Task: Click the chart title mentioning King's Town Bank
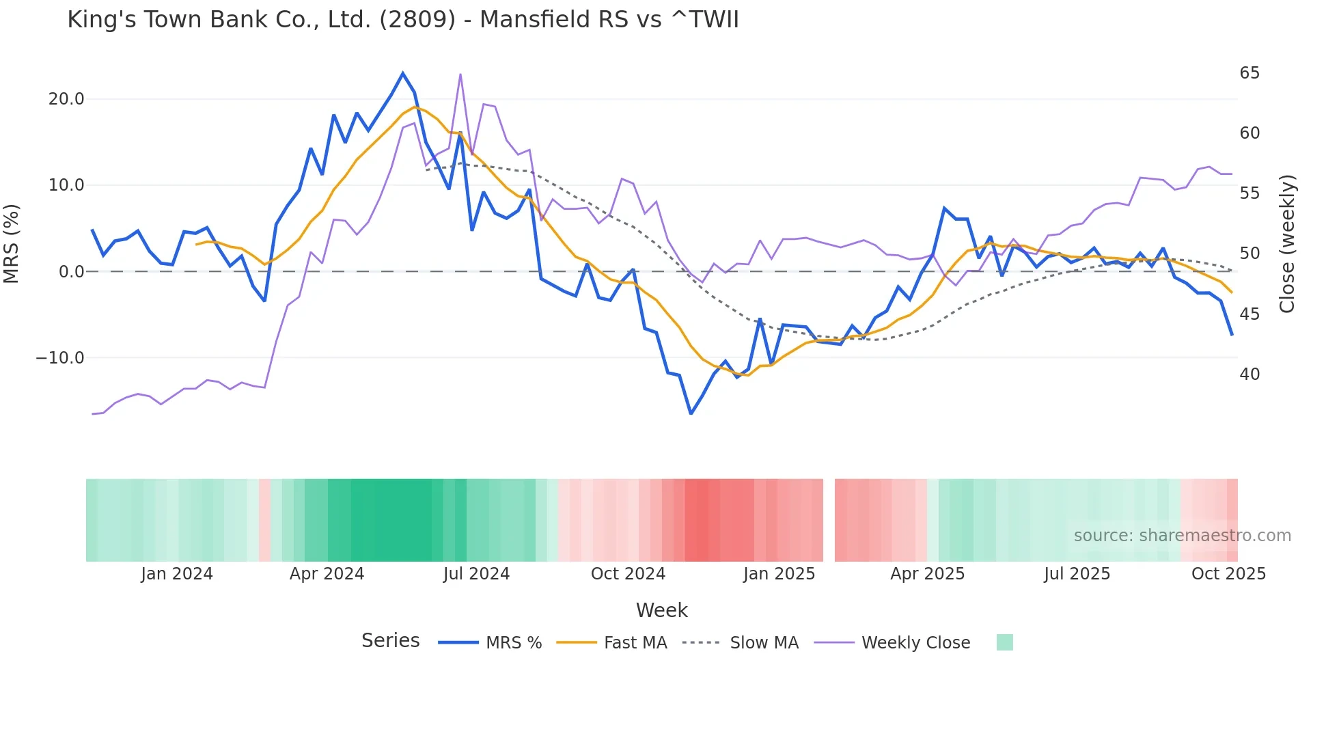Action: point(403,20)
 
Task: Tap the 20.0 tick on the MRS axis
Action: point(66,99)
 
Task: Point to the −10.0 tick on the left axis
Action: point(60,358)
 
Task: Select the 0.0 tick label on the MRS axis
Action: point(72,272)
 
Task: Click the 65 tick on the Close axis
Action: point(1250,73)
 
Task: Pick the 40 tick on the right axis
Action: point(1250,374)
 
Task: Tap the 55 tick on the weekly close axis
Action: point(1250,193)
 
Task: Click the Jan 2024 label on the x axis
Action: point(177,574)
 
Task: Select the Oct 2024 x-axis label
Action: point(628,574)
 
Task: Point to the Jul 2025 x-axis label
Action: point(1077,574)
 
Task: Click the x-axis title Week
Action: point(661,610)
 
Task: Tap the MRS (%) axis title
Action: point(12,243)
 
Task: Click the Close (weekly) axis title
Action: point(1287,244)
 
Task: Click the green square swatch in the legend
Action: point(1004,642)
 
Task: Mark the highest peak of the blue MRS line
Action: point(403,73)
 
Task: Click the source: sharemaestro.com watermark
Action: point(1182,536)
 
